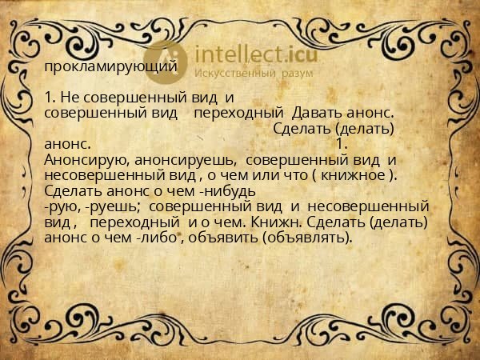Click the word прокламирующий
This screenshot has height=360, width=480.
(x=110, y=67)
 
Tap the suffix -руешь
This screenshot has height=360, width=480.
(x=114, y=206)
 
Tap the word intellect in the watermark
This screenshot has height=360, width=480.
(x=237, y=54)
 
